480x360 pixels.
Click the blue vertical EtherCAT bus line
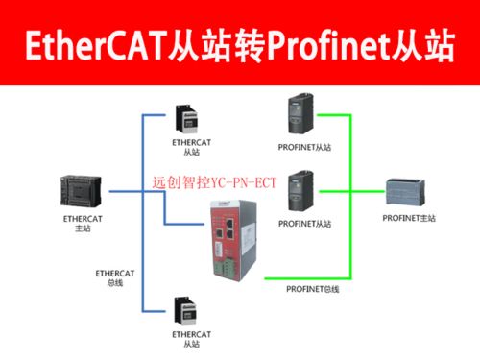tap(144, 269)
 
